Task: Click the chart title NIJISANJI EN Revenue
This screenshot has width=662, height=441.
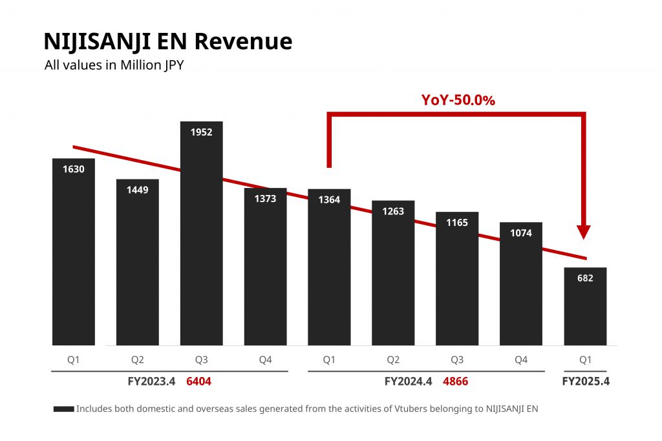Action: [167, 41]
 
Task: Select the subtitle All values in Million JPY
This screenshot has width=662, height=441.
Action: [114, 65]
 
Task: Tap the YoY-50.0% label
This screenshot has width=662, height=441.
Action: [458, 100]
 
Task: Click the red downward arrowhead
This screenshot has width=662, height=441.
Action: [584, 232]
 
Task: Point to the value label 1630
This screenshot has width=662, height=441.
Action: [74, 169]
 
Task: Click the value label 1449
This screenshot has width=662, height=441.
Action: [137, 190]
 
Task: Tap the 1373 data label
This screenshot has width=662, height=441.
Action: [265, 199]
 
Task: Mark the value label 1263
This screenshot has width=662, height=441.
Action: [393, 211]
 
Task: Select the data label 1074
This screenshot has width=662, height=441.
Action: [521, 233]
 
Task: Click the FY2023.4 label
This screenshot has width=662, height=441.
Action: [152, 382]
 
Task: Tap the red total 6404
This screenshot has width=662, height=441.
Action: [198, 382]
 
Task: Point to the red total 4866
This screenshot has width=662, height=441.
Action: [455, 382]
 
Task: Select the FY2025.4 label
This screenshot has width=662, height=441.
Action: [586, 382]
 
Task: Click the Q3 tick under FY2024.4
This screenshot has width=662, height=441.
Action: [457, 360]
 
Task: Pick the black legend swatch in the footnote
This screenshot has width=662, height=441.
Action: [63, 409]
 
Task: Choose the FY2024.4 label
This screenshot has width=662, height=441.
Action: [408, 382]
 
